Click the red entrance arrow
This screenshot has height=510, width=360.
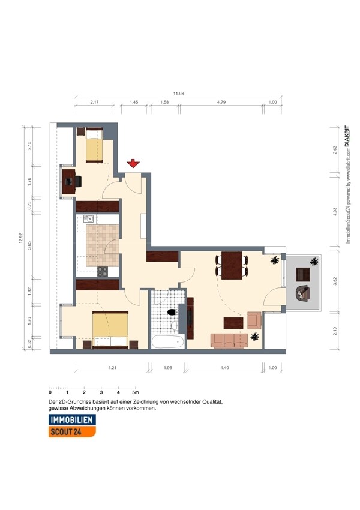133,164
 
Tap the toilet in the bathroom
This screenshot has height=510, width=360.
172,312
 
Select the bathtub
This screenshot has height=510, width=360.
168,341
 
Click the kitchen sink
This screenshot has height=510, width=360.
88,218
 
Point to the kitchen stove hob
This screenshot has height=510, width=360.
103,272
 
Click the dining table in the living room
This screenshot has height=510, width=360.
232,265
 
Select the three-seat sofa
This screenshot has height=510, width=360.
229,341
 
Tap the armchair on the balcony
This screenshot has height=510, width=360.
303,293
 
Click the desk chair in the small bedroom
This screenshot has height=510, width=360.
78,181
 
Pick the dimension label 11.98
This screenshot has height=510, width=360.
178,94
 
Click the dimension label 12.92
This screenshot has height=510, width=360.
21,238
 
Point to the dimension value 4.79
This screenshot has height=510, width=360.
221,102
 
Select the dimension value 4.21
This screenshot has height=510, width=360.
112,368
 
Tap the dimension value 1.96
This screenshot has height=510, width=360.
167,368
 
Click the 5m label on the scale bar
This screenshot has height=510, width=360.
135,392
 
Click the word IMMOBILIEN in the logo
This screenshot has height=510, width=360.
71,420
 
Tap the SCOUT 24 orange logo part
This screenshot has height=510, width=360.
72,431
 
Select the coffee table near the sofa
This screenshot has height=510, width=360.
233,323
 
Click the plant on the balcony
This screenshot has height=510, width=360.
314,261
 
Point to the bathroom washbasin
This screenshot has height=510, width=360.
175,326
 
